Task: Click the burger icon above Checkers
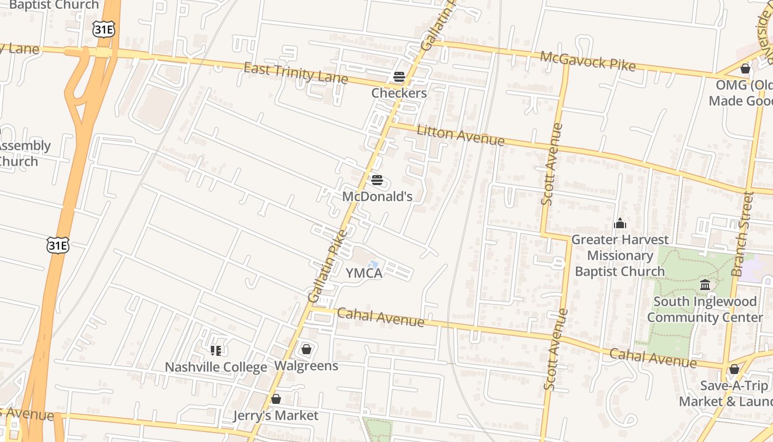tap(399, 76)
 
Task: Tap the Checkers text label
tap(399, 93)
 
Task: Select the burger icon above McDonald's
tap(377, 180)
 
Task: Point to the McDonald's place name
tap(377, 196)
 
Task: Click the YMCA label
tap(364, 273)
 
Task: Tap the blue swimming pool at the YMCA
tap(373, 265)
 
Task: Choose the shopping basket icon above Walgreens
tap(306, 349)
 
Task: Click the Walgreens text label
tap(306, 366)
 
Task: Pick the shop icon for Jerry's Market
tap(276, 399)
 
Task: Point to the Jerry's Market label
tap(276, 415)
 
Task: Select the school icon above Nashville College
tap(216, 350)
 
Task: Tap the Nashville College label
tap(216, 367)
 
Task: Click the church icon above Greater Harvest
tap(620, 223)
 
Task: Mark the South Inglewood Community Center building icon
tap(705, 285)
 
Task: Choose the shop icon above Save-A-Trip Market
tap(734, 369)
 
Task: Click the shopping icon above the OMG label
tap(745, 69)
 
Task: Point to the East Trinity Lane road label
tap(295, 73)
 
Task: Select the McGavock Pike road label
tap(587, 61)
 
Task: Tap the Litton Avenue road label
tap(460, 136)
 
